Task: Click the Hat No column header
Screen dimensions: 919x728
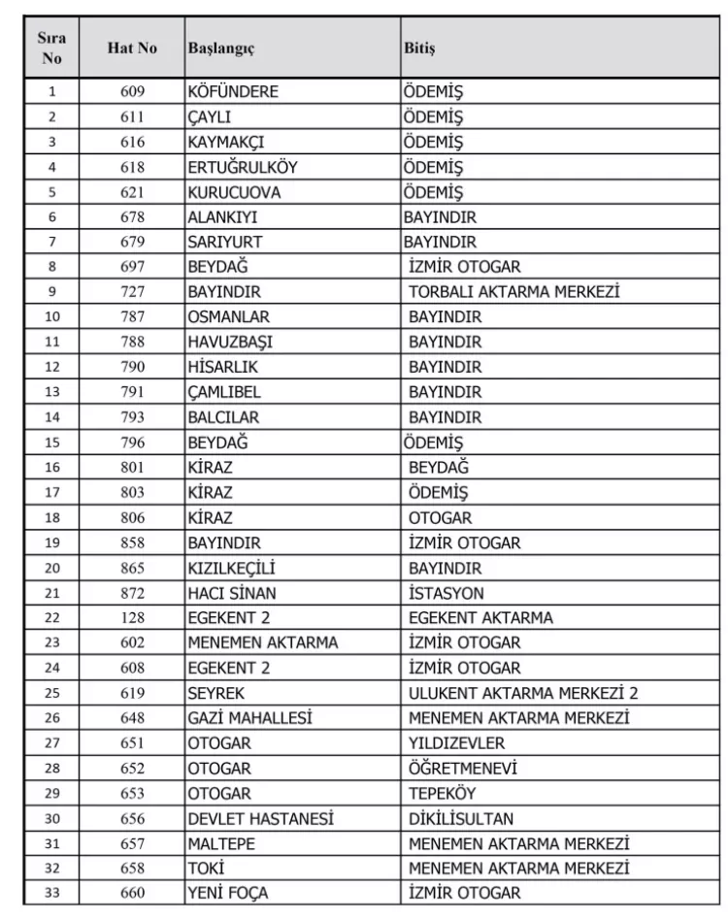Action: [x=133, y=48]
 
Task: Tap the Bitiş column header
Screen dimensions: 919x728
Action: [x=419, y=48]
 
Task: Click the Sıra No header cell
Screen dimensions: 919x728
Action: [x=52, y=48]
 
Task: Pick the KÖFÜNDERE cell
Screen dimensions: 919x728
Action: [x=233, y=91]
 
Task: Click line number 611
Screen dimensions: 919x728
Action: [x=133, y=116]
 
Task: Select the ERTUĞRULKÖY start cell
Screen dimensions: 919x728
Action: [x=242, y=167]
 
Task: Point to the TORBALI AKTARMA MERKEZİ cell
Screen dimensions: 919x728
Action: [x=513, y=291]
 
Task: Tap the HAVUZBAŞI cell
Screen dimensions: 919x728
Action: [x=230, y=343]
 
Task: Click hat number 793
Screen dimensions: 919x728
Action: [x=133, y=417]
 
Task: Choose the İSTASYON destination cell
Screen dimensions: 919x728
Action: [x=446, y=592]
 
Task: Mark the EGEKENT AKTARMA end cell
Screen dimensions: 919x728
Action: [x=480, y=617]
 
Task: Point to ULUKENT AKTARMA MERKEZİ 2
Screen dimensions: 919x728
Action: [x=523, y=693]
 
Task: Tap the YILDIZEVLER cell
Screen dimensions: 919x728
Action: [x=456, y=743]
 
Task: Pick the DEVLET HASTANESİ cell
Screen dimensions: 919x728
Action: [x=260, y=818]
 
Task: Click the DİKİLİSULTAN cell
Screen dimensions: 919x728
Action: [x=461, y=818]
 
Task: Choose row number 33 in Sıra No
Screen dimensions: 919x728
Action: [x=52, y=893]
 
